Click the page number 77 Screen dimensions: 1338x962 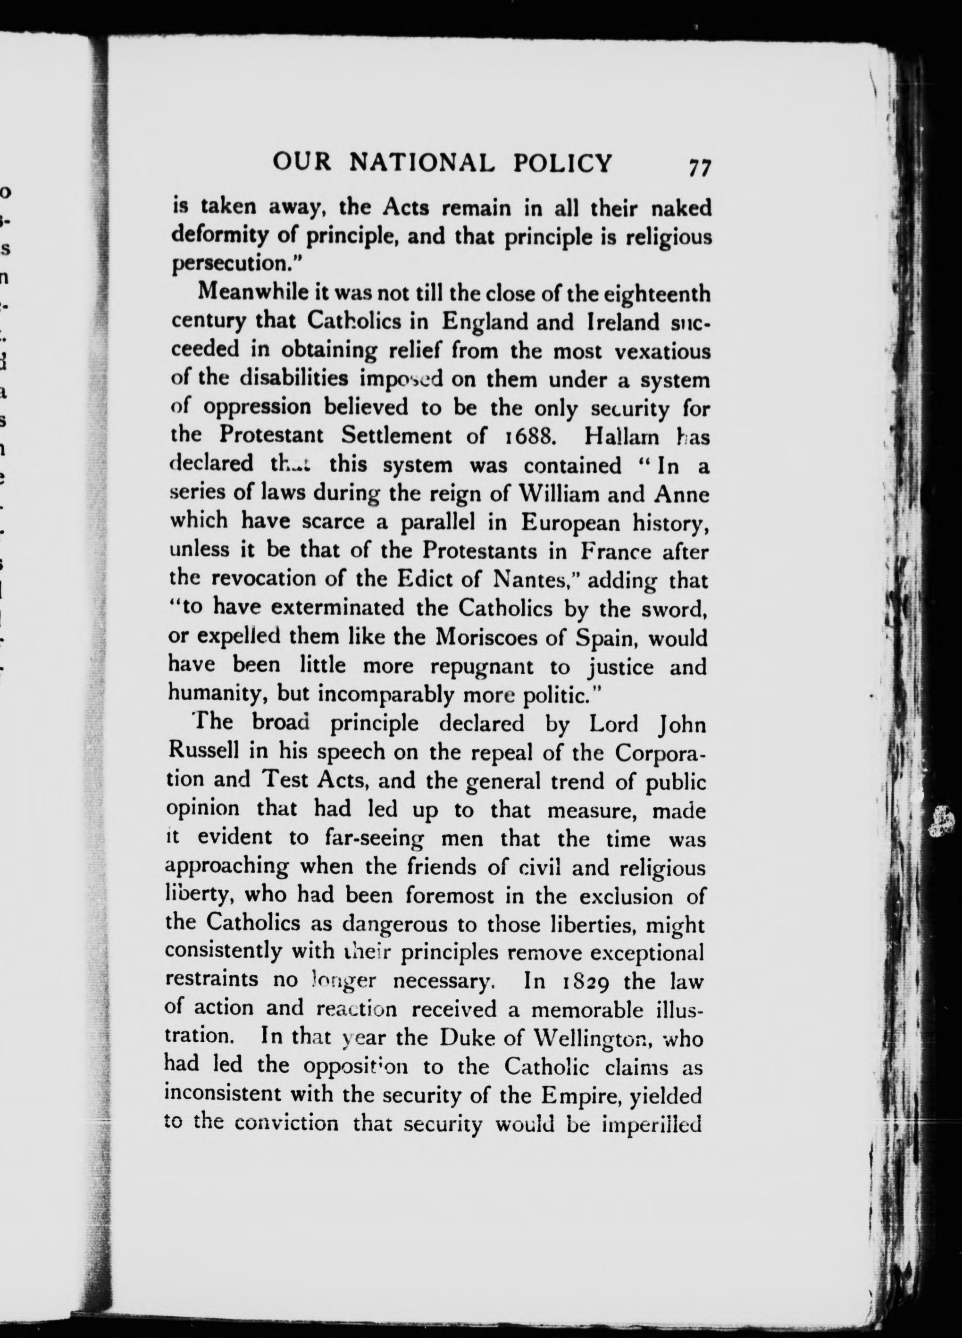click(x=699, y=167)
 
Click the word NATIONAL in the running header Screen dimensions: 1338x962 click(x=422, y=163)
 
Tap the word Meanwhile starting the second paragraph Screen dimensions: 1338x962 click(x=257, y=293)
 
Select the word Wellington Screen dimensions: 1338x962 click(x=596, y=1038)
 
